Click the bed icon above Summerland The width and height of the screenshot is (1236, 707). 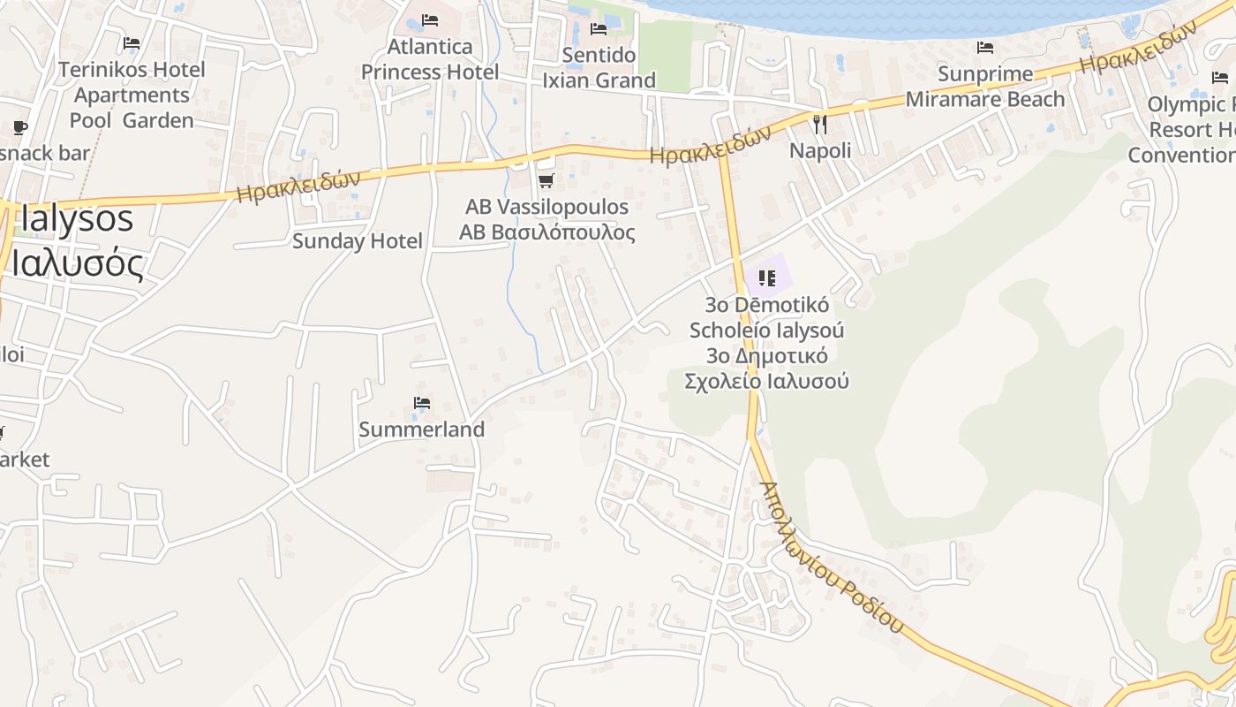click(x=421, y=404)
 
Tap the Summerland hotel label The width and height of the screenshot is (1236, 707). click(x=421, y=430)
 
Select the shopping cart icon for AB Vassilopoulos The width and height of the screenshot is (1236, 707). click(x=546, y=181)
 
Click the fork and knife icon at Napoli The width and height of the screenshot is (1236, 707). click(x=820, y=125)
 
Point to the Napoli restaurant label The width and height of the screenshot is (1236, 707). click(x=820, y=150)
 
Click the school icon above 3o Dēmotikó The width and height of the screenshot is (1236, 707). click(x=766, y=278)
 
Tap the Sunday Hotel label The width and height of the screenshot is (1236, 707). click(x=358, y=240)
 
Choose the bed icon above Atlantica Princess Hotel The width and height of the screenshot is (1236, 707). click(x=430, y=19)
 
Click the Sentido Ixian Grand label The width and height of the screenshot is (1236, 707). click(x=599, y=68)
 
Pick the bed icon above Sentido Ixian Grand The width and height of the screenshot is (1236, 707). click(x=598, y=29)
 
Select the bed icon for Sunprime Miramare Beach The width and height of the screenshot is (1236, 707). click(x=985, y=47)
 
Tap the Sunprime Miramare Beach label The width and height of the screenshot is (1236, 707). click(x=985, y=87)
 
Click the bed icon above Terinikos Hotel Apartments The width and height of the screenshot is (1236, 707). click(x=132, y=42)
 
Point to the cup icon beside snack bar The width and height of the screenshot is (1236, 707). click(x=19, y=128)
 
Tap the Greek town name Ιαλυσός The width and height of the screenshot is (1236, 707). click(x=77, y=262)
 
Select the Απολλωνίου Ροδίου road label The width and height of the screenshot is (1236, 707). click(x=832, y=558)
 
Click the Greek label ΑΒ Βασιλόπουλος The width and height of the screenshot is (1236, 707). click(x=546, y=232)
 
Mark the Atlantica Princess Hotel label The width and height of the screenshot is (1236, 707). click(x=430, y=59)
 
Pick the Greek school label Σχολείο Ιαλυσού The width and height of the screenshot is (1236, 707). click(x=766, y=382)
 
